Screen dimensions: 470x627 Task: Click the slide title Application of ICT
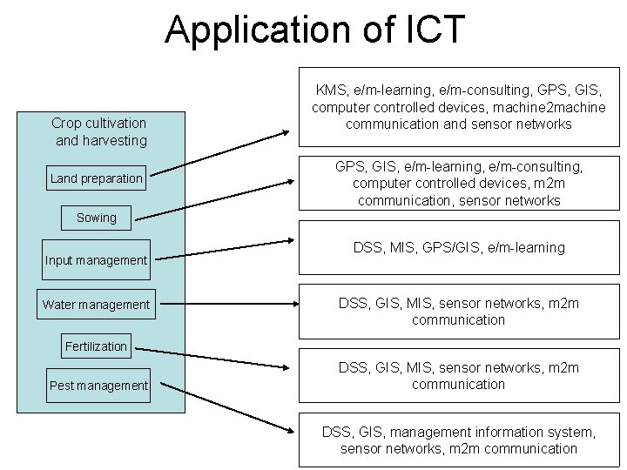coord(315,29)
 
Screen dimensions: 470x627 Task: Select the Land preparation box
coord(96,178)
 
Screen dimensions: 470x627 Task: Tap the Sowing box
coord(96,218)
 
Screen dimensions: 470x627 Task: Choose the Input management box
coord(96,259)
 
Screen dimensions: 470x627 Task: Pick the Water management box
coord(96,305)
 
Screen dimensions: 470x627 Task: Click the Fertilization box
coord(96,346)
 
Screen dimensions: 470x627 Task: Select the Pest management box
coord(98,385)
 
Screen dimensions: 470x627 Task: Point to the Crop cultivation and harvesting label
coord(99,131)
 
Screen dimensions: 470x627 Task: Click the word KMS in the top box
coord(331,90)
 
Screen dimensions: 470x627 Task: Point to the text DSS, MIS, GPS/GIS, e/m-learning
coord(459,247)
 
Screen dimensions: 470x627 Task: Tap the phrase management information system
coord(493,432)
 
